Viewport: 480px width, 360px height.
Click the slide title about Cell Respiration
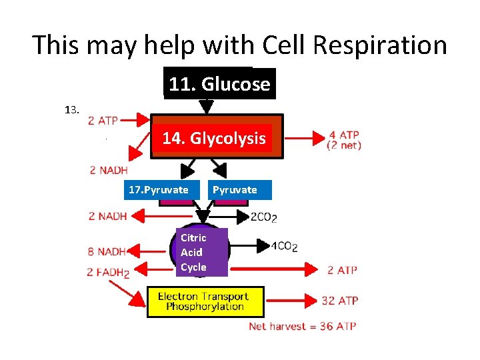[x=240, y=45]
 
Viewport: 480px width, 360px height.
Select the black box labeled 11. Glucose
[x=219, y=84]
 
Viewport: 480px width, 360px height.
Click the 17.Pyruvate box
[x=159, y=190]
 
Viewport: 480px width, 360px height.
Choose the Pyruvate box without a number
[x=235, y=190]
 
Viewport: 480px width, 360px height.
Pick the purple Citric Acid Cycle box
[x=194, y=252]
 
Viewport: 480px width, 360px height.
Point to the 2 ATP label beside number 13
[x=103, y=121]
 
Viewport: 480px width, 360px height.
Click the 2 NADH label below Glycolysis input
[x=109, y=170]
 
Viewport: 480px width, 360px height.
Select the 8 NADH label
[x=106, y=252]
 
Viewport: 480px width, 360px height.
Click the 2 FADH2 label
[x=107, y=271]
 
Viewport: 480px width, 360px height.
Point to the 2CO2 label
[x=264, y=217]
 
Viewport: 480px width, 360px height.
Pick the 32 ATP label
[x=339, y=301]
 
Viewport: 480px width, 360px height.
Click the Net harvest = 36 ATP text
[x=302, y=326]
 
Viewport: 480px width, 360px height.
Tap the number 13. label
[x=73, y=110]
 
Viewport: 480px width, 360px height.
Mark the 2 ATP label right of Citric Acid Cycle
[x=342, y=270]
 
